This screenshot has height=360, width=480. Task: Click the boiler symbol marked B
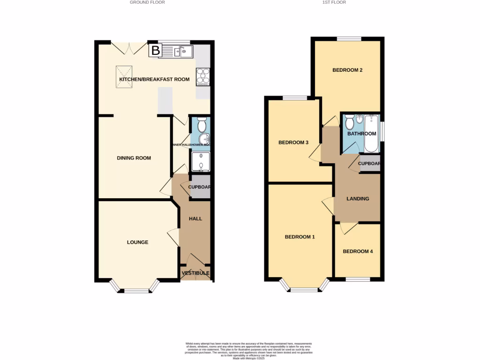pyautogui.click(x=155, y=50)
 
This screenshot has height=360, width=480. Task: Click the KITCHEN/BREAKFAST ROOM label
pyautogui.click(x=154, y=80)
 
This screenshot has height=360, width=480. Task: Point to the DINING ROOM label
pyautogui.click(x=134, y=158)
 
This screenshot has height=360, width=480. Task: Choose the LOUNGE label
pyautogui.click(x=137, y=242)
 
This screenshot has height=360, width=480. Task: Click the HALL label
pyautogui.click(x=195, y=219)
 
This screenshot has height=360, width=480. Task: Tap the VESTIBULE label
pyautogui.click(x=195, y=273)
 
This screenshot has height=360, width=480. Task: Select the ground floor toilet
pyautogui.click(x=202, y=125)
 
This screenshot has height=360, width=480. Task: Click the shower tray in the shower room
pyautogui.click(x=201, y=162)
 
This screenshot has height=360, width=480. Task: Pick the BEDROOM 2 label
pyautogui.click(x=347, y=70)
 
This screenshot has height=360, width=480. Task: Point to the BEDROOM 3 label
pyautogui.click(x=293, y=142)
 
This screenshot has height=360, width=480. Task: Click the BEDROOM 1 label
pyautogui.click(x=300, y=237)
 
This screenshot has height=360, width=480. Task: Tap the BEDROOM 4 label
pyautogui.click(x=358, y=251)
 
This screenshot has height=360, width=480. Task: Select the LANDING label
pyautogui.click(x=358, y=199)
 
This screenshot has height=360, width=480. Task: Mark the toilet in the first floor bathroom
pyautogui.click(x=349, y=123)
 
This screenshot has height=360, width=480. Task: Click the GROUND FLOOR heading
pyautogui.click(x=147, y=2)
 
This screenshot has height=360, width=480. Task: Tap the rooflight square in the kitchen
pyautogui.click(x=124, y=76)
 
